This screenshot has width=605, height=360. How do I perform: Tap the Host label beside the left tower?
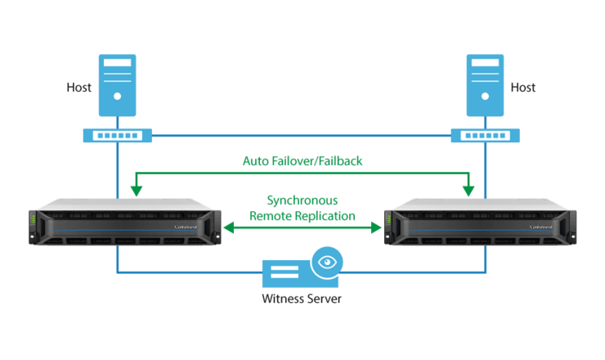coord(79,87)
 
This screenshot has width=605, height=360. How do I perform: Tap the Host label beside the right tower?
coord(523,87)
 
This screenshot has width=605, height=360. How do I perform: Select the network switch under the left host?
coord(117,135)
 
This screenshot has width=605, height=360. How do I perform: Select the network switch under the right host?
coord(484,135)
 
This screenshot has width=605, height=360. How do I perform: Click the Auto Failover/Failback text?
coord(302,161)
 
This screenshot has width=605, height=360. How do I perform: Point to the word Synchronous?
coord(302,200)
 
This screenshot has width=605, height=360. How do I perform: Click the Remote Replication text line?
coord(302,217)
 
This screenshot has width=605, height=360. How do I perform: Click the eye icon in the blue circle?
coord(328,263)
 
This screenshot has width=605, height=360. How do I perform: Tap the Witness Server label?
coord(302,299)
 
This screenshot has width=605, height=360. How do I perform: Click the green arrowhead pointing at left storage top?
coord(136,191)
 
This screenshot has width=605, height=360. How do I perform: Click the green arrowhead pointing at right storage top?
coord(468,191)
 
